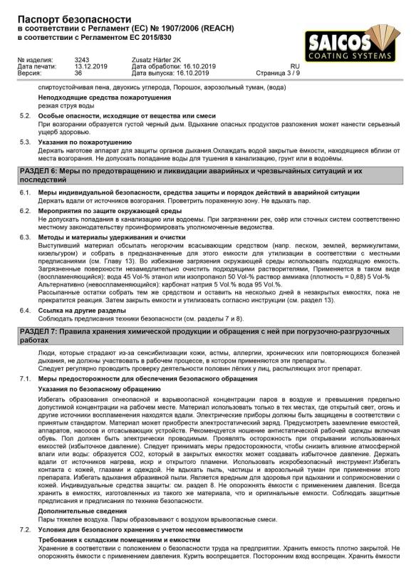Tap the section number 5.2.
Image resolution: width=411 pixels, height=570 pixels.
click(24, 115)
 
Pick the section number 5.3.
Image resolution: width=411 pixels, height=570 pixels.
click(24, 142)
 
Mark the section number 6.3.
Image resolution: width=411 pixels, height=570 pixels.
click(24, 217)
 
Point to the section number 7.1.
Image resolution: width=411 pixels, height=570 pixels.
click(24, 378)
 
